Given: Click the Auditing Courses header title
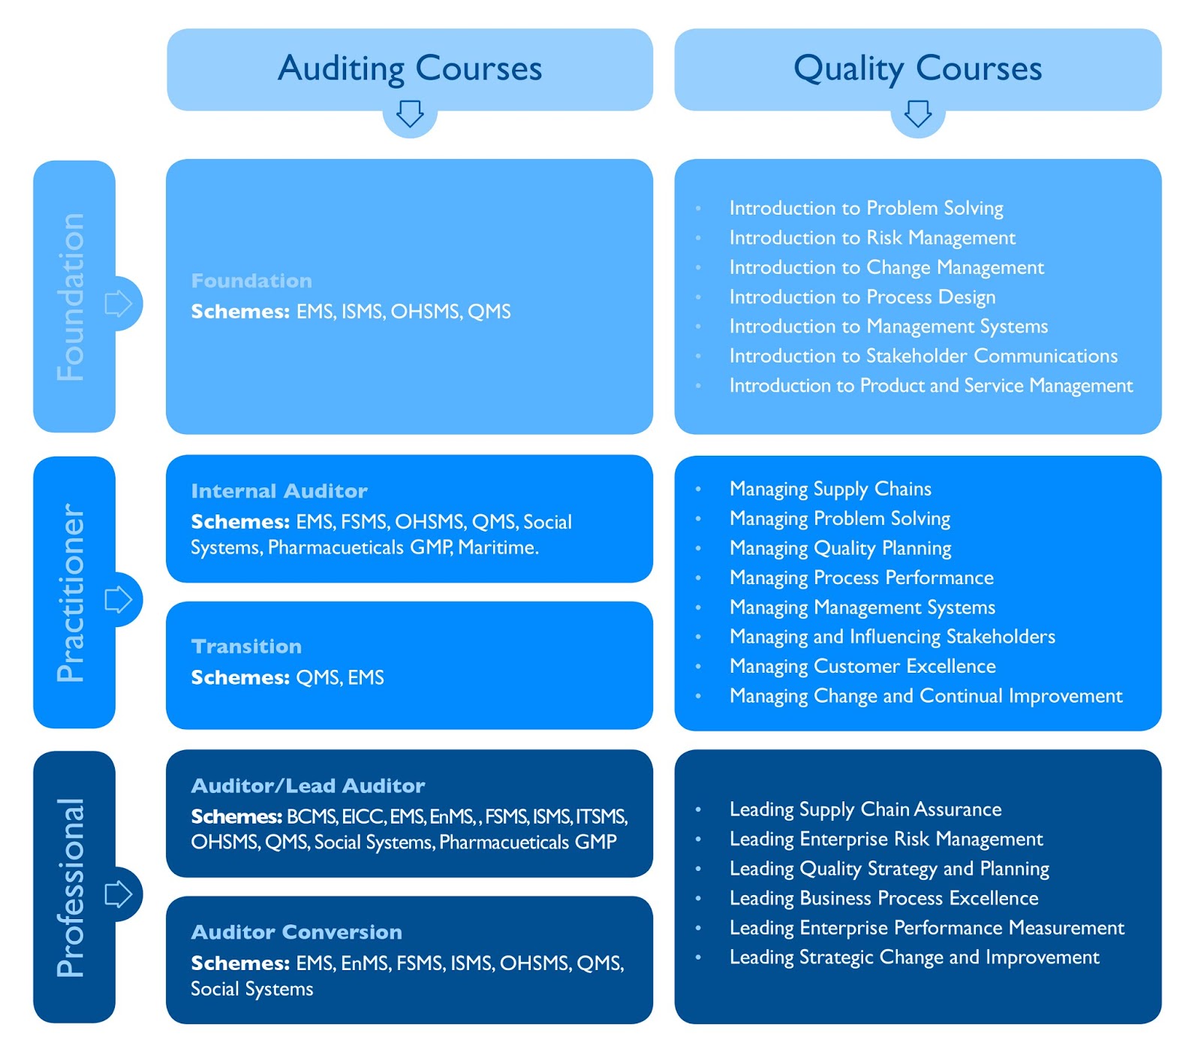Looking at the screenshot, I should [x=410, y=68].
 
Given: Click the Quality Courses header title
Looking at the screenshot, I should [x=917, y=68].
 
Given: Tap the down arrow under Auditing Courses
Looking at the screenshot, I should [x=410, y=114].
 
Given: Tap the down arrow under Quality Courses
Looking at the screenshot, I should [x=917, y=114].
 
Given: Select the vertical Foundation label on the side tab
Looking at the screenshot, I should [x=71, y=297].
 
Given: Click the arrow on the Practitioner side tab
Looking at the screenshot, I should [x=119, y=599].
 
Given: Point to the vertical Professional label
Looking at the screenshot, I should [x=71, y=888].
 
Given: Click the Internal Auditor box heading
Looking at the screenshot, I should [x=279, y=491].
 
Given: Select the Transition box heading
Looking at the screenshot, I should [x=246, y=647].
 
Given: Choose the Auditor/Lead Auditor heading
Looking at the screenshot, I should [x=308, y=786].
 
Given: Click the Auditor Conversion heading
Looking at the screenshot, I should [x=296, y=932].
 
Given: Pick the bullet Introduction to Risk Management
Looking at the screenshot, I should [x=872, y=238].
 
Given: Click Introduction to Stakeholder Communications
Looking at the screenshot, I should [x=923, y=356].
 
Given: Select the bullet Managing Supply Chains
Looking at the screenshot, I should [x=830, y=489].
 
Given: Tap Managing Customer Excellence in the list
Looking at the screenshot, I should [x=862, y=666].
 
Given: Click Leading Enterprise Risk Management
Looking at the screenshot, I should [x=886, y=839].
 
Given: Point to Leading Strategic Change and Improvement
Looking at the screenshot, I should [x=914, y=957].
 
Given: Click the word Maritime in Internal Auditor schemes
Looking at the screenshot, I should [x=498, y=547].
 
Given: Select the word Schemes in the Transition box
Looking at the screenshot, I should [x=240, y=677].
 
